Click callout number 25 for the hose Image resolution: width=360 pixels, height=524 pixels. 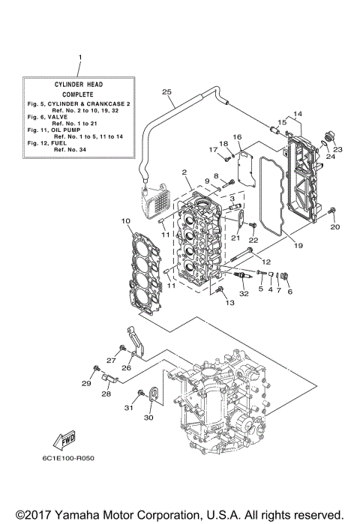[166, 92]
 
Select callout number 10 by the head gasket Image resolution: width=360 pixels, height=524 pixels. [125, 221]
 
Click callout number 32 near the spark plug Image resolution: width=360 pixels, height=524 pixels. [243, 298]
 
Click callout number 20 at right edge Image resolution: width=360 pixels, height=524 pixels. [335, 226]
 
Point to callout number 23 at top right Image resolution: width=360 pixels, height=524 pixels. [337, 148]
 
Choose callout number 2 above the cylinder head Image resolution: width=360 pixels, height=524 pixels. [184, 172]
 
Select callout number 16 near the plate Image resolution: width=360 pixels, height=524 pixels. [237, 137]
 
